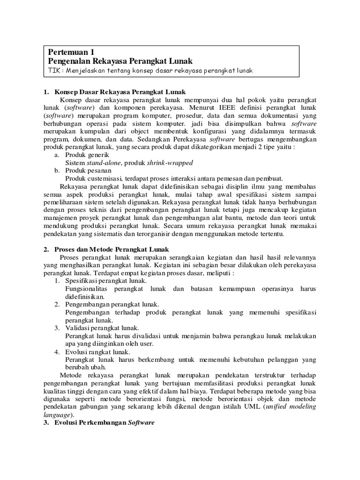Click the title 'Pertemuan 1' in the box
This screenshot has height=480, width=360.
pos(71,52)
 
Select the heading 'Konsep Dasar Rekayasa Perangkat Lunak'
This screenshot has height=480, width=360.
pos(120,92)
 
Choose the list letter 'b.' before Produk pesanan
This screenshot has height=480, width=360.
pos(57,170)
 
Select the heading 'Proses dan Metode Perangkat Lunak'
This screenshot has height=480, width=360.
pos(112,250)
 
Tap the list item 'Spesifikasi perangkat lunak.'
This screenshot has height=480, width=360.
pos(106,281)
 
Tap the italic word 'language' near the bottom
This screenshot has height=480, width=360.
pos(56,415)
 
